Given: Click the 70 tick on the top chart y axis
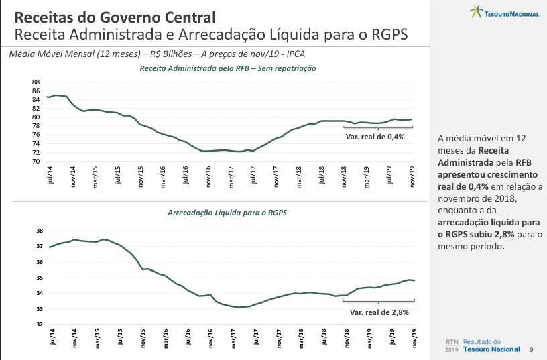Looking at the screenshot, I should pos(36,161).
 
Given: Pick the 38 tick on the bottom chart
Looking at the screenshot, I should pos(40,231).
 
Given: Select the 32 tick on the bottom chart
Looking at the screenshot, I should pos(40,324).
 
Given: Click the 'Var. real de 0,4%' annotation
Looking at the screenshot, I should pos(375,137).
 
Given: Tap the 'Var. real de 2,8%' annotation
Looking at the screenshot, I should pos(379,312).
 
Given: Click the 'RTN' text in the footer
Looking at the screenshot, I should pos(452,341).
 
